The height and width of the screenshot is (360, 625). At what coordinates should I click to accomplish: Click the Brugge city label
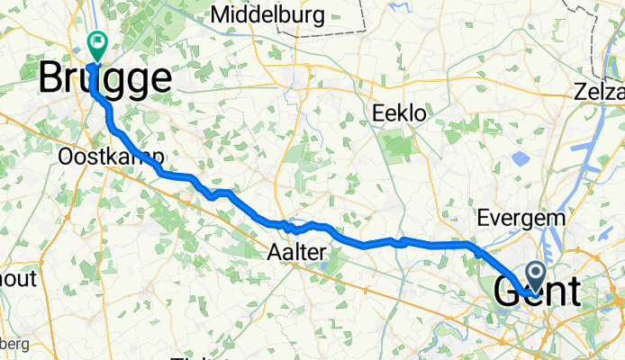[104, 79]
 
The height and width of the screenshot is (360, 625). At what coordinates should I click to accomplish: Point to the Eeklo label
[399, 113]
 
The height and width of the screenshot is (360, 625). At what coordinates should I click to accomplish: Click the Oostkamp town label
[101, 157]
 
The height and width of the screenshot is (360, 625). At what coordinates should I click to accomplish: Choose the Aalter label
[296, 255]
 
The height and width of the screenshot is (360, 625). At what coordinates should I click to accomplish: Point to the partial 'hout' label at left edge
[17, 279]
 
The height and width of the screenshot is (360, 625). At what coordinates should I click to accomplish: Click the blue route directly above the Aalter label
[297, 226]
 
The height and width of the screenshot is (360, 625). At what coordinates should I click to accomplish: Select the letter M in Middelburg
[221, 15]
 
